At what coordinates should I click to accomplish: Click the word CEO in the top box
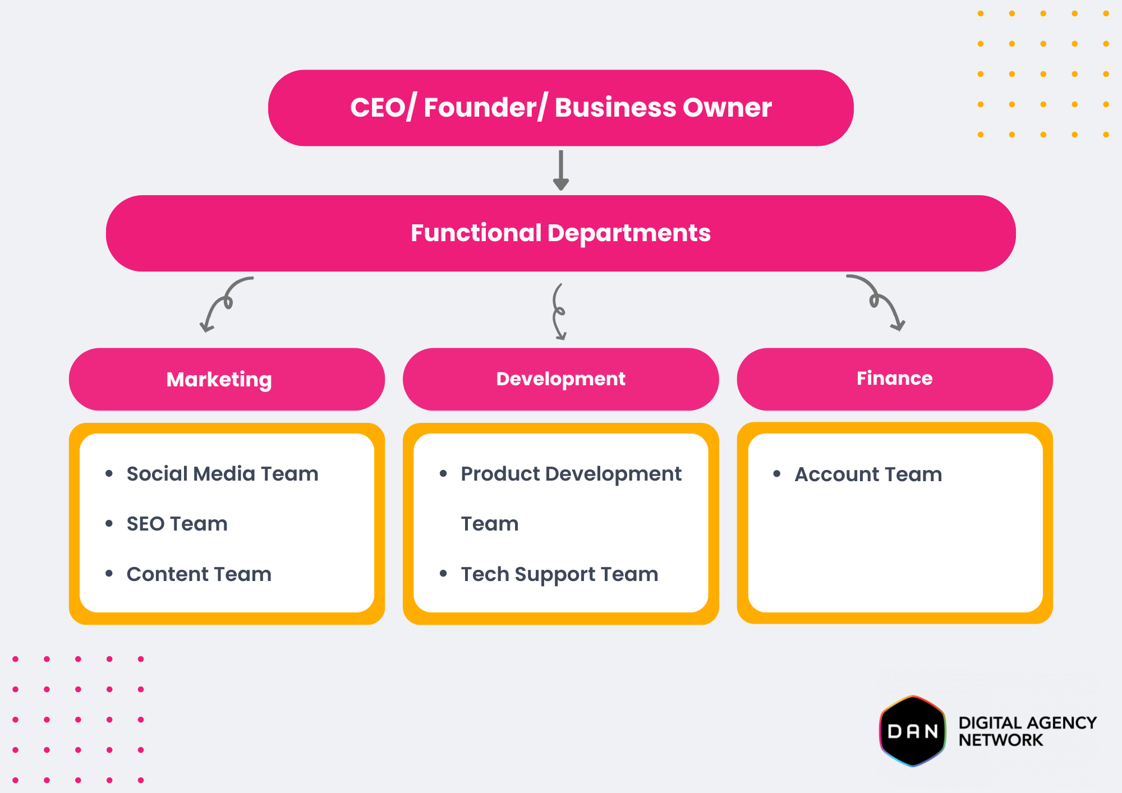tap(378, 107)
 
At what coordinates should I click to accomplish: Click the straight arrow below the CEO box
tap(561, 170)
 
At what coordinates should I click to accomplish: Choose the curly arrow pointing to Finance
tap(878, 302)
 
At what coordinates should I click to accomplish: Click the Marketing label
tap(219, 380)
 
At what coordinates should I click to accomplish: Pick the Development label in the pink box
tap(560, 379)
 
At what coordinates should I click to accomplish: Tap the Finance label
tap(894, 379)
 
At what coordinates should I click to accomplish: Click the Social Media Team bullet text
tap(222, 474)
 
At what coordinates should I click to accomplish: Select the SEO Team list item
tap(177, 524)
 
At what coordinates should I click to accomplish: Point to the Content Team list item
tap(199, 574)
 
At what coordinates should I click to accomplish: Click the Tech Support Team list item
tap(559, 574)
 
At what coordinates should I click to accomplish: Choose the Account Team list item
tap(868, 474)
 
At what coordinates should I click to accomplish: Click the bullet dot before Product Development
tap(443, 474)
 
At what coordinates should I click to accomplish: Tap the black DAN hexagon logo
tap(913, 731)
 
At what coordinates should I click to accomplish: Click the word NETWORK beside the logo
tap(1000, 740)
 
